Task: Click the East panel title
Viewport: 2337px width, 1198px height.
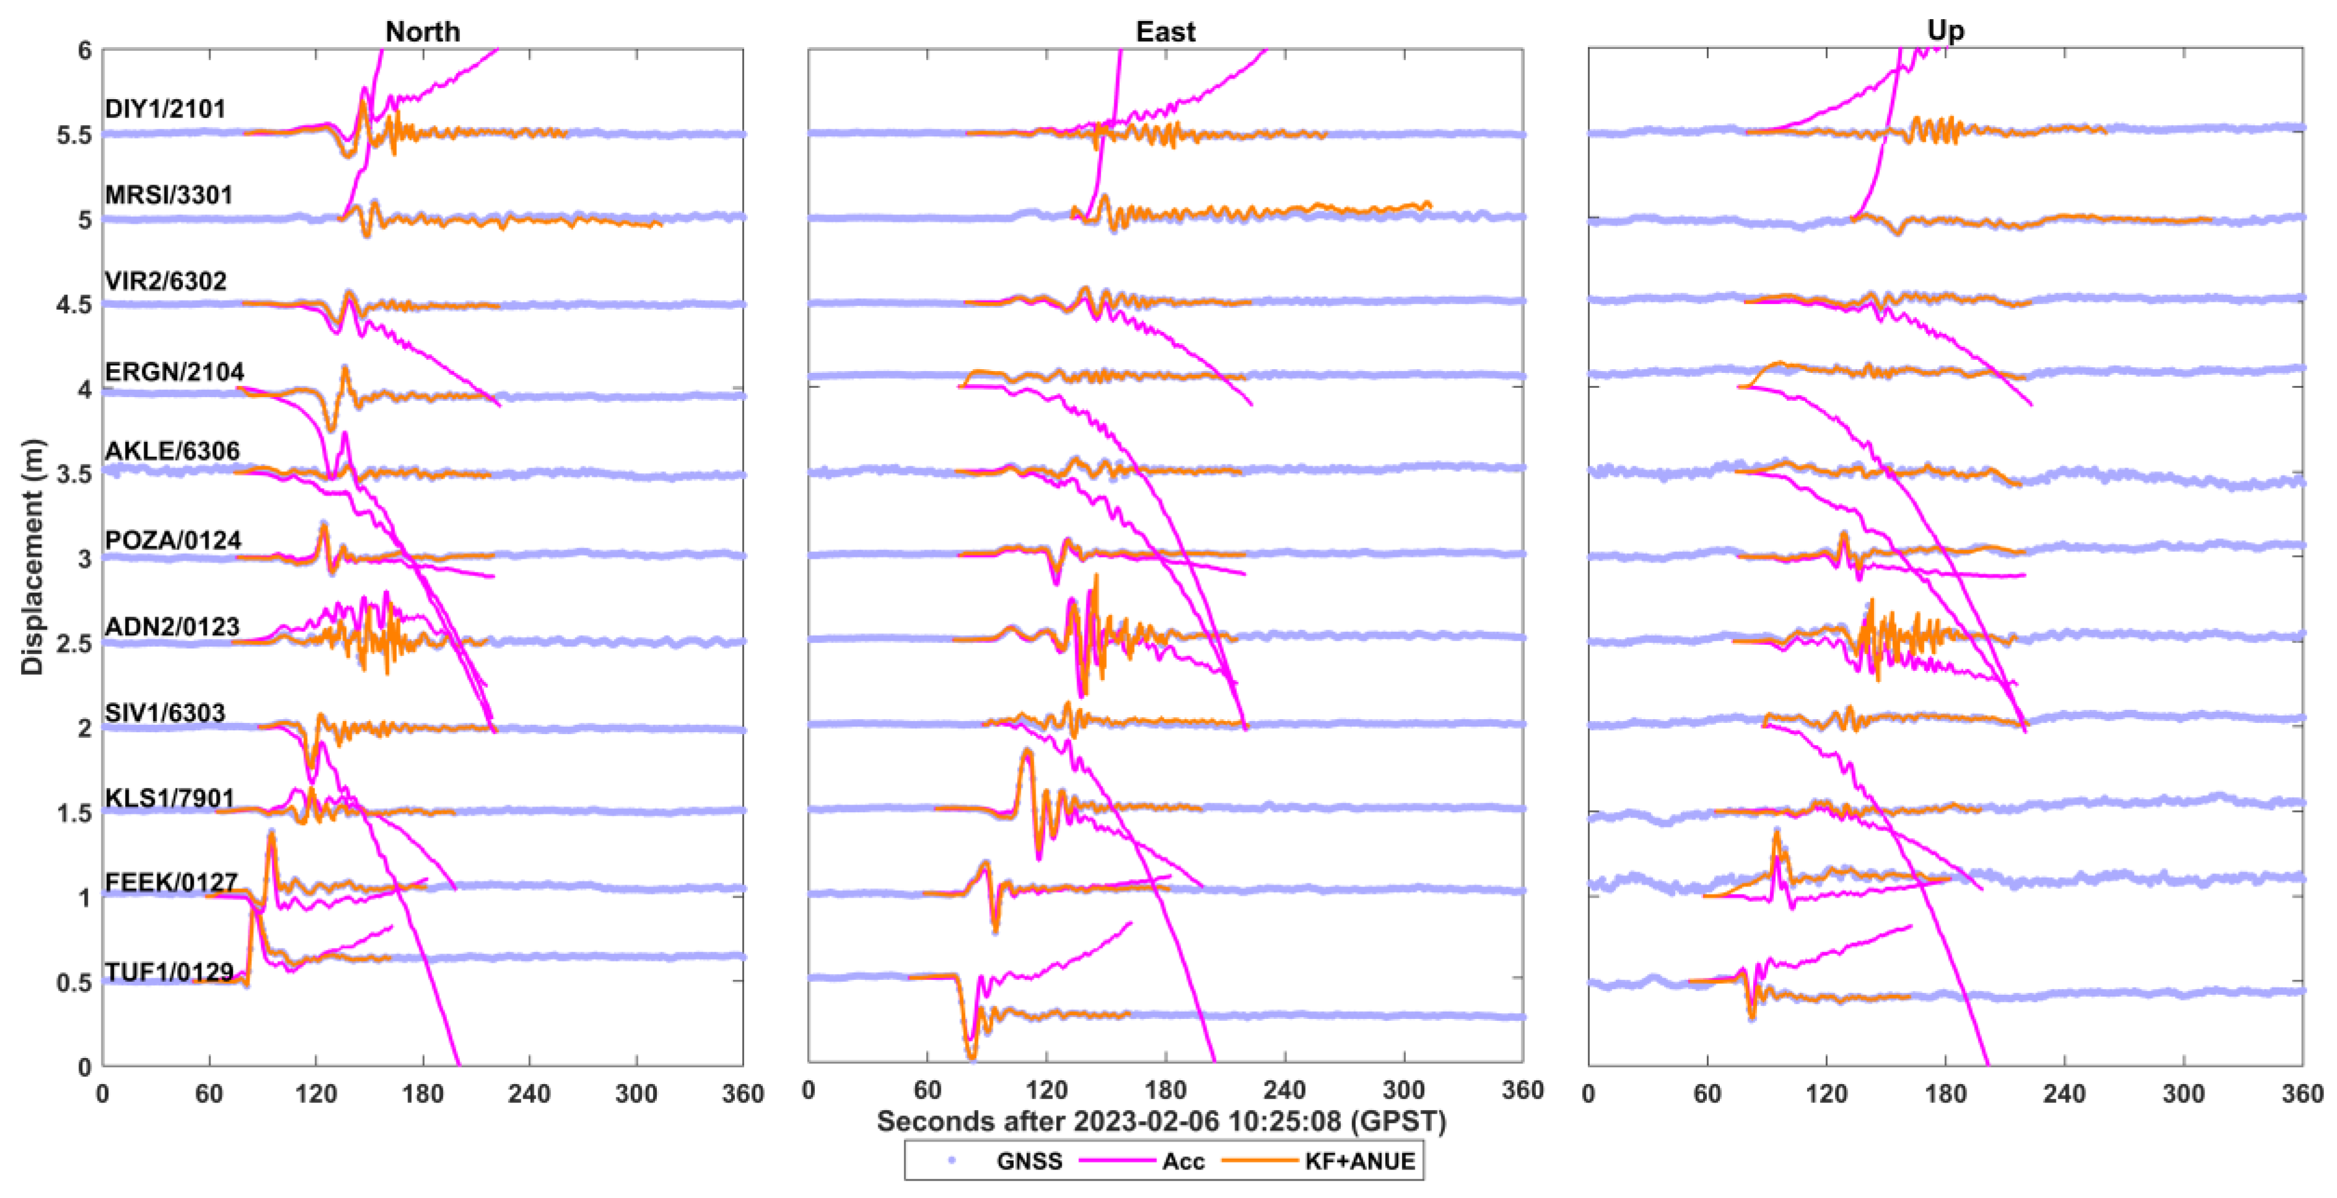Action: [1165, 32]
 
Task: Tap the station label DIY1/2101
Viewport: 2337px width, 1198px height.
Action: [165, 109]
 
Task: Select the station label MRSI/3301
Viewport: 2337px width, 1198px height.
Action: [169, 195]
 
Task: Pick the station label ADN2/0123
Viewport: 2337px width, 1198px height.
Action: [171, 626]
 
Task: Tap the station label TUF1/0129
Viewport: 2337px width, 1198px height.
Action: [169, 972]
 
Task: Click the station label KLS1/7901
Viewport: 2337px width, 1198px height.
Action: [169, 798]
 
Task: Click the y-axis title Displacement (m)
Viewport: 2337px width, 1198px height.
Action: [33, 557]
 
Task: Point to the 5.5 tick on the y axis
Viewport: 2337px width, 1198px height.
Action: [74, 135]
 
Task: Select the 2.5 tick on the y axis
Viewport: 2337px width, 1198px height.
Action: [74, 644]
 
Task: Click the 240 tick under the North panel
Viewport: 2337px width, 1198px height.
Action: [529, 1094]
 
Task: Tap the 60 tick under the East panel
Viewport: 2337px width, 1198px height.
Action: [927, 1090]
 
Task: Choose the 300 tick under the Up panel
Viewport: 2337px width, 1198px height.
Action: [2183, 1094]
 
